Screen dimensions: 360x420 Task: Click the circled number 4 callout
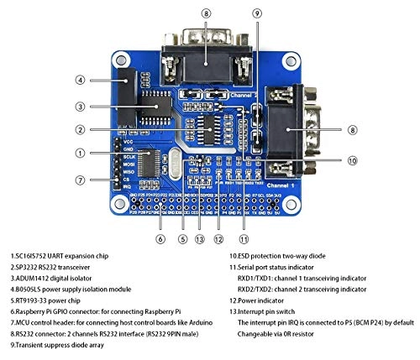(81, 80)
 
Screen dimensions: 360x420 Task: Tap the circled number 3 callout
(81, 107)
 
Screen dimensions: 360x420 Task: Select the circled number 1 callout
(81, 153)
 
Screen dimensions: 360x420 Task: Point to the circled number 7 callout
(81, 180)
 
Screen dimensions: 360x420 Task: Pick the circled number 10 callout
(352, 160)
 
